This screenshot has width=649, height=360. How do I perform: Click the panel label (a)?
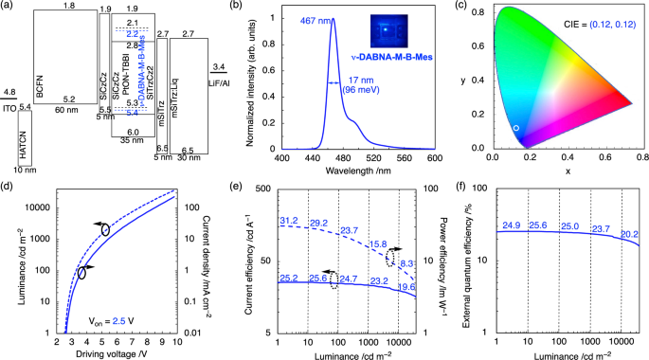click(9, 7)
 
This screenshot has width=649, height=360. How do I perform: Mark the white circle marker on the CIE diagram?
click(515, 127)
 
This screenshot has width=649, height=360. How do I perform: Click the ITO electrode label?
click(9, 105)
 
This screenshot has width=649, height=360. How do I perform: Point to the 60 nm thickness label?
click(66, 111)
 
